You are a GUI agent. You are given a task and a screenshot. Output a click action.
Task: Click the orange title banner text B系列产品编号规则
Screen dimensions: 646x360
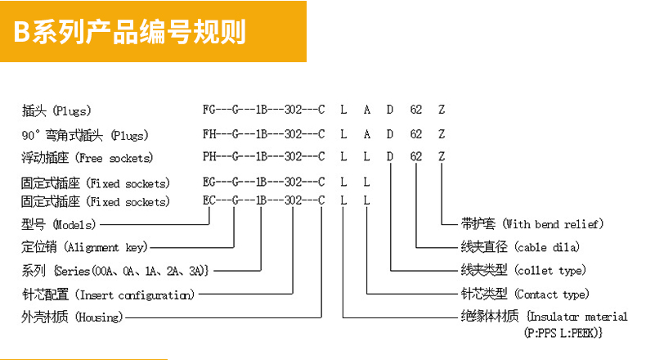click(130, 31)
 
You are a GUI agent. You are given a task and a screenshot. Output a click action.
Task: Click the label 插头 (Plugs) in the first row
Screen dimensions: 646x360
click(56, 110)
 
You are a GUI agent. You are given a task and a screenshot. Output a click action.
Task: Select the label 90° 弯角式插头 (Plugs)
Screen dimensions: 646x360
click(85, 135)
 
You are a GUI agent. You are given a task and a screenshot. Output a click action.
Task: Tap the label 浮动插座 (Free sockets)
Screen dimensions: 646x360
click(87, 158)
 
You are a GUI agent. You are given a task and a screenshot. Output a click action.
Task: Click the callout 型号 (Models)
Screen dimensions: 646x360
click(59, 224)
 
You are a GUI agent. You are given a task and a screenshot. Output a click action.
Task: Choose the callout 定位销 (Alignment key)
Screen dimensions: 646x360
click(84, 247)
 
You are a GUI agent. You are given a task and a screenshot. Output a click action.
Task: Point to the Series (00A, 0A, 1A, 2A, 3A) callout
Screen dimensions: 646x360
click(115, 271)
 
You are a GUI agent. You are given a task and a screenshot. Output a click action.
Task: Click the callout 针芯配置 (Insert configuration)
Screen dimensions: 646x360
click(108, 295)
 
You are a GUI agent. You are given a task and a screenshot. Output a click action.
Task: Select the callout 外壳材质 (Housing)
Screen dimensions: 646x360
click(72, 317)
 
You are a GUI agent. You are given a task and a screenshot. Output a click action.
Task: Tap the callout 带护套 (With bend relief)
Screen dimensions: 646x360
click(532, 224)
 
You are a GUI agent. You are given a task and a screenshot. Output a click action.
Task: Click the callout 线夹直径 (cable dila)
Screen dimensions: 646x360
click(520, 247)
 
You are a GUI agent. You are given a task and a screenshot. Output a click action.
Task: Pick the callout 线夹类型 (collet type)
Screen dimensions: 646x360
click(523, 270)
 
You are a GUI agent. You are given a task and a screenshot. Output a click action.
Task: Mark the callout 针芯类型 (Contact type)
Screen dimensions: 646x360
click(525, 294)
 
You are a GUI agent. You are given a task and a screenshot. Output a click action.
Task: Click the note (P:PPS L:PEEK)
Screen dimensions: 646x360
click(563, 332)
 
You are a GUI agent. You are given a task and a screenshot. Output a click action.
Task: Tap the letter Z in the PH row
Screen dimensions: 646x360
click(442, 157)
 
